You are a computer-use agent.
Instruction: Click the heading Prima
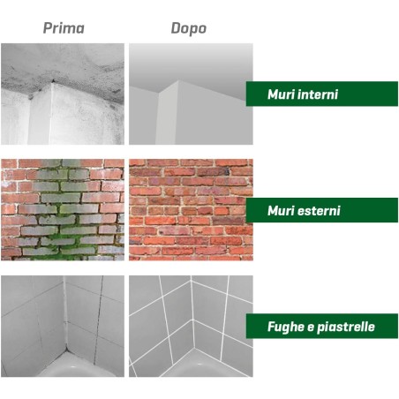[64, 28]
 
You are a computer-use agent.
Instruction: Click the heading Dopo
[189, 29]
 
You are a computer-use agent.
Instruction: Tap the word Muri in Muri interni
[281, 94]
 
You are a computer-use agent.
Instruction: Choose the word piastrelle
[346, 327]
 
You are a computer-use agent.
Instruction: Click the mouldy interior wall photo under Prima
[63, 94]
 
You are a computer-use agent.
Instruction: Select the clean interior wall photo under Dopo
[191, 94]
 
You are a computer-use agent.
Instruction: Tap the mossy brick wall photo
[63, 210]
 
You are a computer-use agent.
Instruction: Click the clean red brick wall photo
[191, 210]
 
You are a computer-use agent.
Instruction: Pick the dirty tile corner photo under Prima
[63, 326]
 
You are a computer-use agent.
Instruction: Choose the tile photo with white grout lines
[191, 326]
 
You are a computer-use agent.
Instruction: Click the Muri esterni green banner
[322, 210]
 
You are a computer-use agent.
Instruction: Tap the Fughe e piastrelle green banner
[322, 326]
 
